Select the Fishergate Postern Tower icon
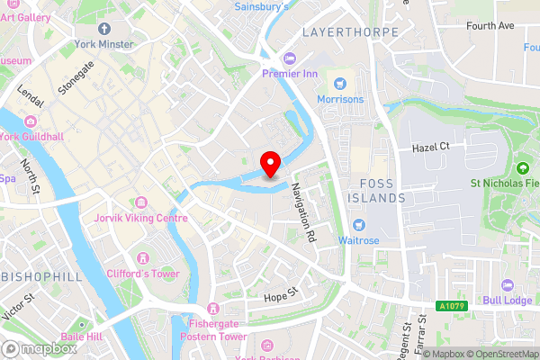[212, 308]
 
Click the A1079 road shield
[453, 306]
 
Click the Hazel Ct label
[430, 147]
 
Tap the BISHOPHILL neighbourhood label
[36, 274]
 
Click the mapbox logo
[40, 348]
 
